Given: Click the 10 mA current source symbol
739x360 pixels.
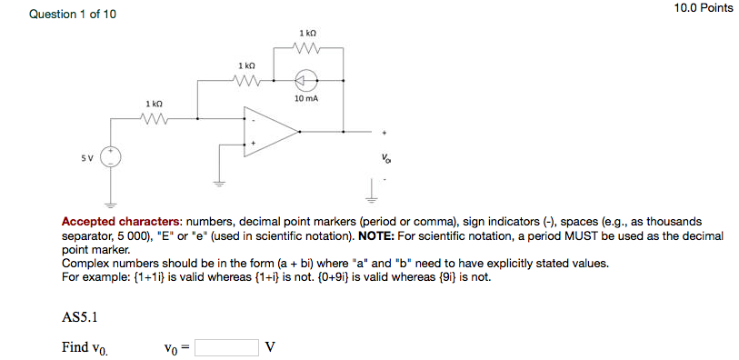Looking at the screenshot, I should coord(306,80).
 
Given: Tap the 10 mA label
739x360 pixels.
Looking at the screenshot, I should coord(306,98).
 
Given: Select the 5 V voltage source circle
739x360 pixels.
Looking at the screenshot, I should coord(111,157).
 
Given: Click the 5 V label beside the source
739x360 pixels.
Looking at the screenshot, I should coord(86,157).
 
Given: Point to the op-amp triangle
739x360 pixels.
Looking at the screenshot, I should coord(269,134).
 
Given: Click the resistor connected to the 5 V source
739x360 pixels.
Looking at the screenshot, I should coord(154,117).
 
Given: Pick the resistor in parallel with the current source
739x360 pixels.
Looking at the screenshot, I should coord(306,48).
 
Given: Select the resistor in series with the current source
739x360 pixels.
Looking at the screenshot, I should coord(246,80).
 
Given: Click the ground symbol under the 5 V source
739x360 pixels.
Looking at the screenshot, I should coord(111,202).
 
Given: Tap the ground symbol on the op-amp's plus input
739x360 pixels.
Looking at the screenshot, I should coord(218,181).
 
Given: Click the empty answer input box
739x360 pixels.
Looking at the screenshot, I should coord(226,347).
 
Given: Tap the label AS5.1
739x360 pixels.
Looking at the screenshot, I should coord(79,318).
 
